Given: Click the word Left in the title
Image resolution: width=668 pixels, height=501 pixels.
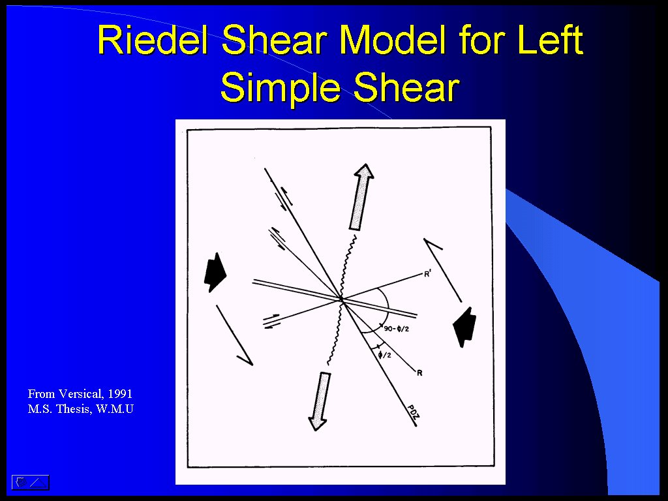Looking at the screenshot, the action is coord(550,40).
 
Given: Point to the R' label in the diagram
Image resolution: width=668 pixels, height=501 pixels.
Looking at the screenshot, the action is coord(428,273).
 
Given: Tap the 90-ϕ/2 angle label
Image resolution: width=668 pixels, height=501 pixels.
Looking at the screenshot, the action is coord(396,329).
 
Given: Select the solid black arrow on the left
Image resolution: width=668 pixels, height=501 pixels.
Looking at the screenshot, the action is coord(215,273).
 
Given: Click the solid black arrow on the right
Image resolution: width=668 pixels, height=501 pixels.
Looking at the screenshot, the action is coord(464,327).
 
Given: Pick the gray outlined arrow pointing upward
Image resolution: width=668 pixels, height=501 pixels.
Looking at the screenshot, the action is coord(361,197).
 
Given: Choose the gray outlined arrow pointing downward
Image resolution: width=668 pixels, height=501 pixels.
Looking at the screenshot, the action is coord(320,401).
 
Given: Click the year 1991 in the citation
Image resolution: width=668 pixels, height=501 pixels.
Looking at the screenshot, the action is coord(120,393).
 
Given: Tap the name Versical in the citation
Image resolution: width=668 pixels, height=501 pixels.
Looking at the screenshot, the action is coord(81,394).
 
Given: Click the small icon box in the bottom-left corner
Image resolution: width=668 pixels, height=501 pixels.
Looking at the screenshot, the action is coord(30,482).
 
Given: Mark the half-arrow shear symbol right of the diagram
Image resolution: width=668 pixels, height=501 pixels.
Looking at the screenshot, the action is coord(443,270).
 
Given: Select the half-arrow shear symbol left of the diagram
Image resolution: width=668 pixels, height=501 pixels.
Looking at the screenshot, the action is coord(235,335).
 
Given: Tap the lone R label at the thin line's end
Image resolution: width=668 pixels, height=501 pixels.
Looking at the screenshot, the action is coord(419,373).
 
